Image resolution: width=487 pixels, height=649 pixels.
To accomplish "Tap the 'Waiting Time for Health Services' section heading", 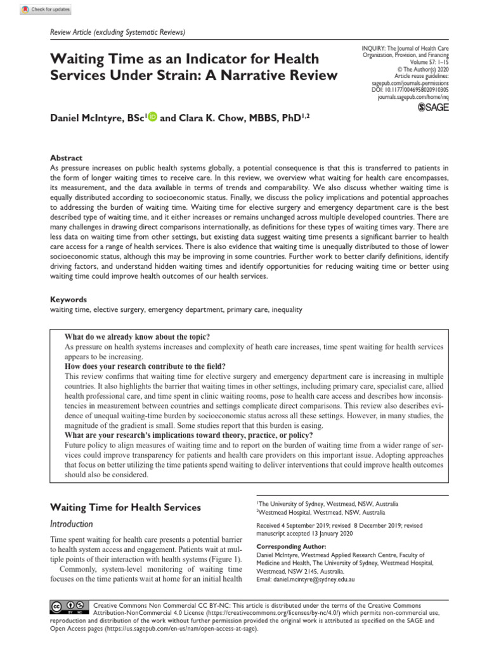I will click(x=125, y=507).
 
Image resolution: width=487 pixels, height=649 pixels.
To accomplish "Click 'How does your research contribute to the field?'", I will click(x=145, y=366).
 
